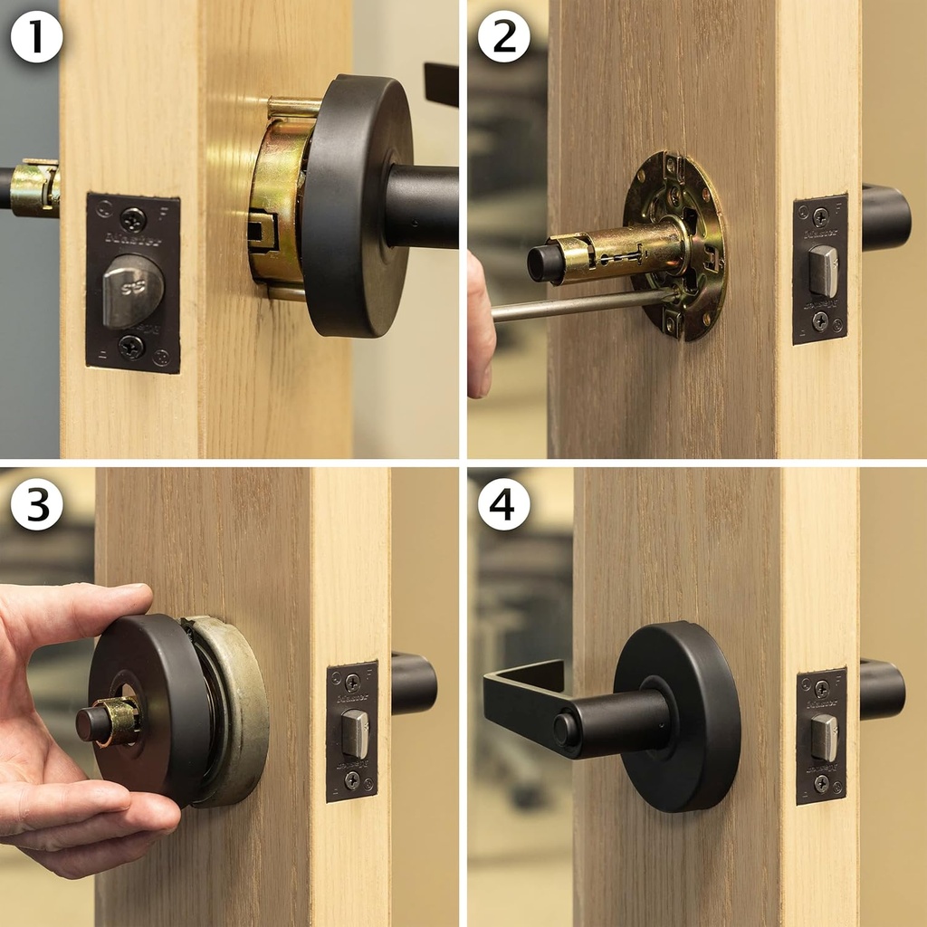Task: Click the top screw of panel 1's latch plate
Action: click(x=133, y=218)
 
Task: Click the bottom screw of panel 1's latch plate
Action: click(x=132, y=346)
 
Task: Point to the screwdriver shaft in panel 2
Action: click(x=579, y=305)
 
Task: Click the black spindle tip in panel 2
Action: click(x=542, y=263)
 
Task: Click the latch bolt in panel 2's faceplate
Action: click(x=823, y=271)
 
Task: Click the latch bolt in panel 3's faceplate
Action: click(x=355, y=732)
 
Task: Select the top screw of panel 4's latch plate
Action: click(x=821, y=689)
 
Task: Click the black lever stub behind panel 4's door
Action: click(x=882, y=689)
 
